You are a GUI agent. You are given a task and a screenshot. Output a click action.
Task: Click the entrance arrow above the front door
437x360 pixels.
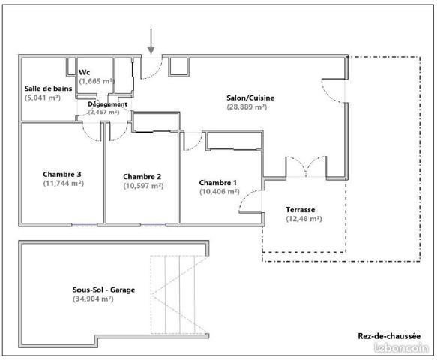pos(151,41)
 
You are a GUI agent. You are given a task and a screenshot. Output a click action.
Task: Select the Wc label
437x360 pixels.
pos(85,72)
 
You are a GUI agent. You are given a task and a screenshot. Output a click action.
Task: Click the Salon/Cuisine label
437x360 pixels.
pos(250,97)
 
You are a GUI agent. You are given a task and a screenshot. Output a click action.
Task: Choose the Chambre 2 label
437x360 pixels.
pos(142,177)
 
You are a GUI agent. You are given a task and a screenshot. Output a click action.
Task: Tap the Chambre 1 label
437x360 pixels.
pos(218,182)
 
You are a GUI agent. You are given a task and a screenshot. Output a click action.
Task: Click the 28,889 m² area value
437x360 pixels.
pos(247,107)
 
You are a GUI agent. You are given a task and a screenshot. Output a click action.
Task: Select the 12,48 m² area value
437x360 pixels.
pos(304,219)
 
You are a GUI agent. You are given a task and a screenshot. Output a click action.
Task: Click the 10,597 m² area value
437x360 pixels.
pos(142,186)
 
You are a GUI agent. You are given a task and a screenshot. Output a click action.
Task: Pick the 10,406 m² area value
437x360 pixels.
pos(219,191)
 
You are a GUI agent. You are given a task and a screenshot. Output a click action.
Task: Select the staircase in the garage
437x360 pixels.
pos(177,294)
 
